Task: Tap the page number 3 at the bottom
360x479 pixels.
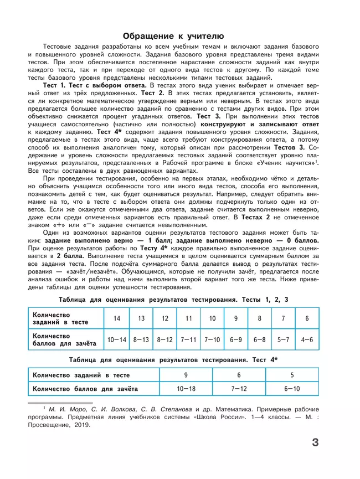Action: click(315, 443)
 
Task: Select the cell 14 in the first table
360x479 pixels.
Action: click(117, 318)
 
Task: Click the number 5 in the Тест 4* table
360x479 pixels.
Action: click(292, 375)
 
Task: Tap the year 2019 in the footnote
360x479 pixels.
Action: click(79, 425)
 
